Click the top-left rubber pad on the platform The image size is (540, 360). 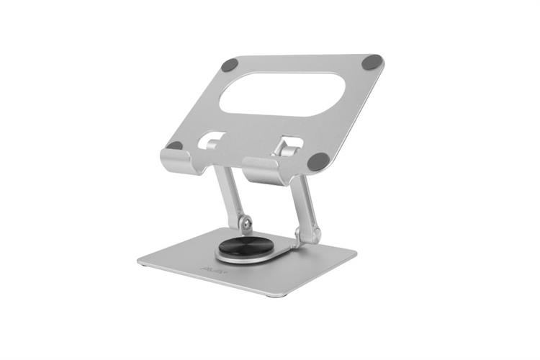229,65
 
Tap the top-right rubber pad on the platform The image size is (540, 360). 372,62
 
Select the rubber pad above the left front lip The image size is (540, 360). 175,146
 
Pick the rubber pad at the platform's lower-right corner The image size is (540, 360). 318,161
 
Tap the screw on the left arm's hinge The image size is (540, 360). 247,225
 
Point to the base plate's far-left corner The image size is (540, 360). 139,260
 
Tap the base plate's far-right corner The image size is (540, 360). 356,253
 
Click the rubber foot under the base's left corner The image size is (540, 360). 146,266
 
